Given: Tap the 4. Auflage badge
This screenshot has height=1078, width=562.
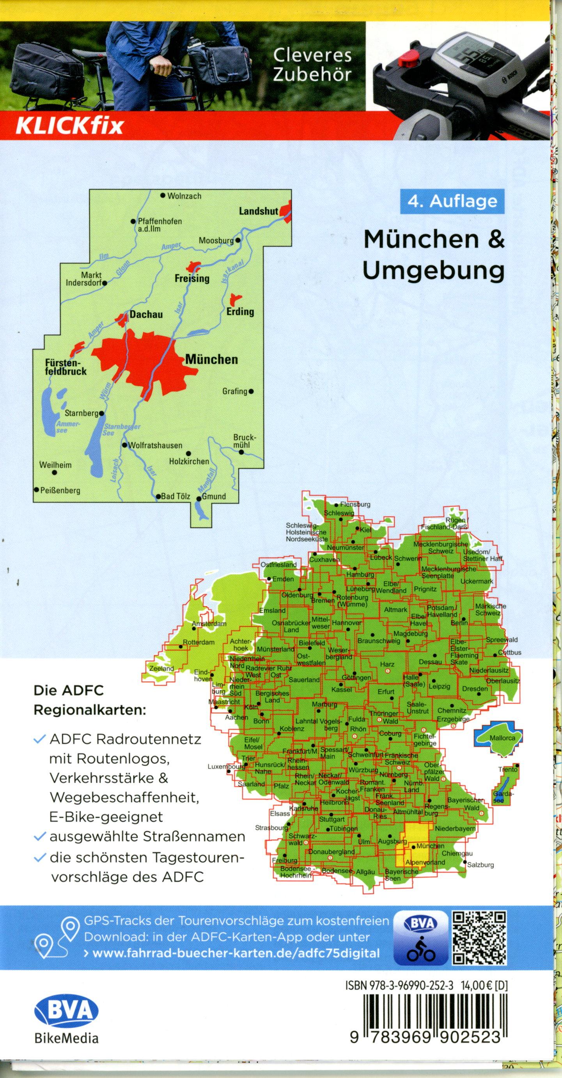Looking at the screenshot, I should coord(452,201).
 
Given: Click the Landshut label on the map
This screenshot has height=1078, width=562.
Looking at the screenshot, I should coord(259,211).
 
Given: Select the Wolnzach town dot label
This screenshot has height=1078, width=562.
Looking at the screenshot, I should coord(184,196).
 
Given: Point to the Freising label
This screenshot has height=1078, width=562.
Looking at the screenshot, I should coord(192,278).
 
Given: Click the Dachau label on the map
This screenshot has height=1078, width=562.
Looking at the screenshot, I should coord(146,314).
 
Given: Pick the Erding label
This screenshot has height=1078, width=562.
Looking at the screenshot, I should coord(240,311).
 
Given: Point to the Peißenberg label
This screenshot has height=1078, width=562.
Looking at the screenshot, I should coord(59,490).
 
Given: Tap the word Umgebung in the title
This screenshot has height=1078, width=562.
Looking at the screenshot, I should coord(433,270).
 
